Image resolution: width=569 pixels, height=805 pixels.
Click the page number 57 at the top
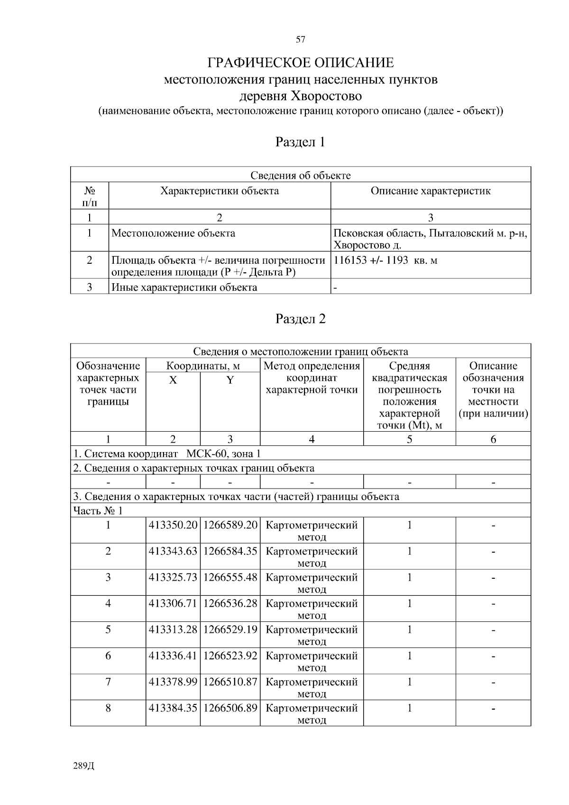pyautogui.click(x=300, y=39)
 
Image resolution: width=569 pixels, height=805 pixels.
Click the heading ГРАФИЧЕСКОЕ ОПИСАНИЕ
pyautogui.click(x=301, y=63)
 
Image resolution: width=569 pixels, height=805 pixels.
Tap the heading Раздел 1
pyautogui.click(x=301, y=142)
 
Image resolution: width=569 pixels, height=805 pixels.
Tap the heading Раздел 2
pyautogui.click(x=301, y=319)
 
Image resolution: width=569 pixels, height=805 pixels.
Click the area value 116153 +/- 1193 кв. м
pyautogui.click(x=385, y=260)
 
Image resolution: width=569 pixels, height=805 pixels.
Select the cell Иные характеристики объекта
pyautogui.click(x=184, y=287)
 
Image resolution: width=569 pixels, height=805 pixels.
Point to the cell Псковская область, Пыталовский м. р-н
pyautogui.click(x=430, y=233)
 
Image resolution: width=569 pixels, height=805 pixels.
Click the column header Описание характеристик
pyautogui.click(x=430, y=191)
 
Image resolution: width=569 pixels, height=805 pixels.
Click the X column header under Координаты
pyautogui.click(x=173, y=380)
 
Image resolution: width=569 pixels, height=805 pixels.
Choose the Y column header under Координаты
pyautogui.click(x=230, y=380)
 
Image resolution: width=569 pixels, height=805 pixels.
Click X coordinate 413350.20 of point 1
pyautogui.click(x=173, y=526)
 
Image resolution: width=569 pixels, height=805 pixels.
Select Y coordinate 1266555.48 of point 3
pyautogui.click(x=230, y=578)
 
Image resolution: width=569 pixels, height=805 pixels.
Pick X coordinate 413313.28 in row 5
pyautogui.click(x=173, y=630)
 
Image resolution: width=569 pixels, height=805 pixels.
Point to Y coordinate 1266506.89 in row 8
pyautogui.click(x=230, y=708)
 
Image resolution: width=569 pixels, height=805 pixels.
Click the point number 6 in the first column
pyautogui.click(x=108, y=656)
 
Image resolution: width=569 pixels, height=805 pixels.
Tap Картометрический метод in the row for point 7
pyautogui.click(x=312, y=687)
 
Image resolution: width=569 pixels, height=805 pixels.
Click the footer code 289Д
pyautogui.click(x=84, y=766)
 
